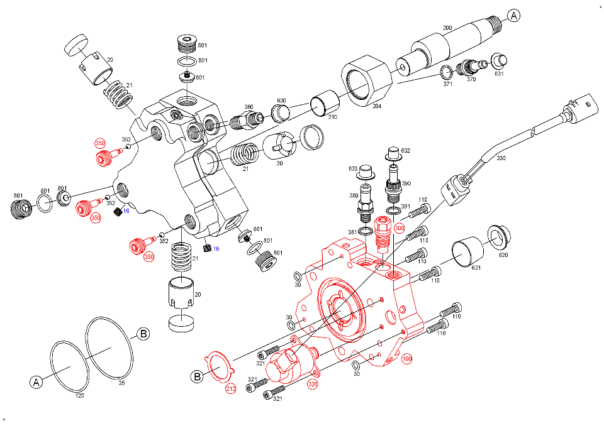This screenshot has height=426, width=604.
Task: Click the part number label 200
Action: point(447,28)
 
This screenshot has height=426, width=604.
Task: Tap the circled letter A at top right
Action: point(515,16)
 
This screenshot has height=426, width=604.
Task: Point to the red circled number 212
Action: point(231,390)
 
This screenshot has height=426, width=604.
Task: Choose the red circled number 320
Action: point(313,383)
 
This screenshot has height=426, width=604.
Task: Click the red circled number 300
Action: point(399,229)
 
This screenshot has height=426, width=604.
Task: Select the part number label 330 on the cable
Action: point(501,158)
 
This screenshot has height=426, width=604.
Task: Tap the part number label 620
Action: point(503,255)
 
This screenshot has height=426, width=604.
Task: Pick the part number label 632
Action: point(406,151)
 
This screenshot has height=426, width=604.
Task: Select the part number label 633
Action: point(354,169)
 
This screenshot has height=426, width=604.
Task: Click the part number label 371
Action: point(448,84)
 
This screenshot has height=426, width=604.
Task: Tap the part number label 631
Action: point(499,74)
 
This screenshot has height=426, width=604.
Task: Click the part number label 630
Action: point(281,101)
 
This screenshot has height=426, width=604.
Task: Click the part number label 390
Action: point(406,183)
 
